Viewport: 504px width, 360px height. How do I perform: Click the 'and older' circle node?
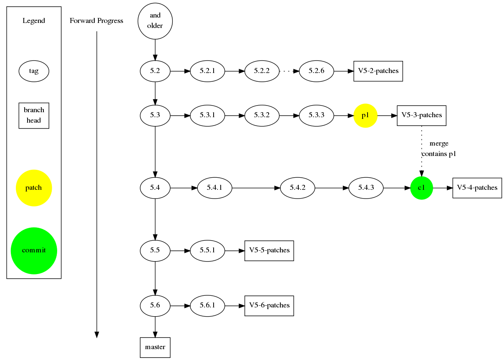(x=155, y=21)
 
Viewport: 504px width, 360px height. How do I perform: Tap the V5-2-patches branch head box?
(x=378, y=71)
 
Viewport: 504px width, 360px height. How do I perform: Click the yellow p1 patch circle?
(x=365, y=116)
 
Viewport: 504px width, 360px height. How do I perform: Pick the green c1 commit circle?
(x=421, y=188)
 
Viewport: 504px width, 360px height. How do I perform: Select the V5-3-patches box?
(x=421, y=116)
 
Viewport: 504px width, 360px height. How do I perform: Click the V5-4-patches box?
(x=477, y=188)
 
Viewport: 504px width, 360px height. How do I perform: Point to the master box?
(x=155, y=347)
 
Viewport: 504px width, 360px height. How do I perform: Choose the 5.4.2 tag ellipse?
(x=297, y=188)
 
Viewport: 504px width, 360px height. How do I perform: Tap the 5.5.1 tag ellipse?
(x=207, y=251)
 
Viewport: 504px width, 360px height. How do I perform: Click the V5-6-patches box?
(x=269, y=306)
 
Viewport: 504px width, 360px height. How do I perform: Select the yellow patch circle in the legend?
(x=34, y=188)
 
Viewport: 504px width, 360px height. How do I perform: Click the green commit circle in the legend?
(x=34, y=251)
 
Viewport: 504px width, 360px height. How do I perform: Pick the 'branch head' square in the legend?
(x=34, y=116)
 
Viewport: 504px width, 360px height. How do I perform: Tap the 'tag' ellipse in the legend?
(x=34, y=71)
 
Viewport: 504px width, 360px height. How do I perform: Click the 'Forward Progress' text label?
(x=96, y=21)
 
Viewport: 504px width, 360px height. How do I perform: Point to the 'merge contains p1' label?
(x=438, y=149)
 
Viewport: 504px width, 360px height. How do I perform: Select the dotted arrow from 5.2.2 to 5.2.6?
(x=289, y=71)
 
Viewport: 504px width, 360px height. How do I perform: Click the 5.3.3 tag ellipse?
(x=316, y=116)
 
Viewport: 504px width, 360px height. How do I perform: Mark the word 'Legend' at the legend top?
(x=34, y=21)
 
